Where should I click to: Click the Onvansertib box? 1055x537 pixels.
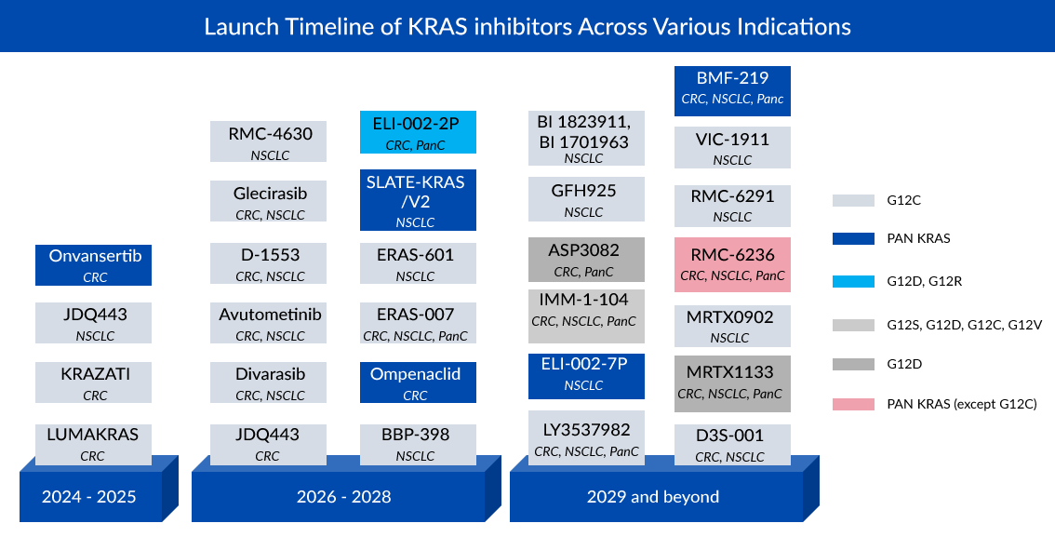93,264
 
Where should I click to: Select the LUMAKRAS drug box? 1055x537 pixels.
93,443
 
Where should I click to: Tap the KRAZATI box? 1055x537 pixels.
93,383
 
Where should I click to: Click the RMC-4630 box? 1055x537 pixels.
269,141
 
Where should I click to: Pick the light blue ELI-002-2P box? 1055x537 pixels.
418,132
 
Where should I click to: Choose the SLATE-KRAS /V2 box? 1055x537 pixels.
418,200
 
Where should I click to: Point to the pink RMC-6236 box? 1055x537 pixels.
732,264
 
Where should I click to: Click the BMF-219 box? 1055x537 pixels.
732,90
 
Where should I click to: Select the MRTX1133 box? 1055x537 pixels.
732,383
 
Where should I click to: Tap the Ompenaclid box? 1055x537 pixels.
418,383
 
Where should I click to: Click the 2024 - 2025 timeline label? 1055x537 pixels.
89,496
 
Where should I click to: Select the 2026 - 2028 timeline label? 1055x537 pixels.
343,496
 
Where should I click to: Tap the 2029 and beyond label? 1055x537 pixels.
652,496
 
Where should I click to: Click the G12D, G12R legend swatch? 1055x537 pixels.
854,281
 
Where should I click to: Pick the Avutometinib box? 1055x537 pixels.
269,323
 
